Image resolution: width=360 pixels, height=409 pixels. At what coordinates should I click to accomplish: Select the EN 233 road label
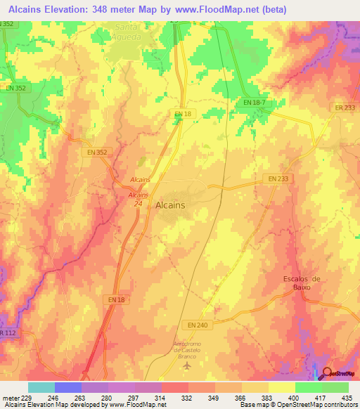pos(278,179)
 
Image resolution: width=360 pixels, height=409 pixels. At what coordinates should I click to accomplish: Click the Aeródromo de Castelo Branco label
pos(187,350)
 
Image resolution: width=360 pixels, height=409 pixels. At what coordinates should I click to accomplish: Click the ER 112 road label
pos(7,333)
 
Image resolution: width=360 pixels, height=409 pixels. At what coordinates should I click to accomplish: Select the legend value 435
pos(347,397)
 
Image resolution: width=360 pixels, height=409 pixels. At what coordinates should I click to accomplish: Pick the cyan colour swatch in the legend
pos(41,387)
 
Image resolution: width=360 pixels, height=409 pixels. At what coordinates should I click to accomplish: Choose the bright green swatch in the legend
pos(309,387)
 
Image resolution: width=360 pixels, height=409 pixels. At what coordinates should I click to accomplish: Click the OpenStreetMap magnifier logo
pos(325,374)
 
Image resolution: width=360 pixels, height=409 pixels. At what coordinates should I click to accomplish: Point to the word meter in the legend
pos(10,397)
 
